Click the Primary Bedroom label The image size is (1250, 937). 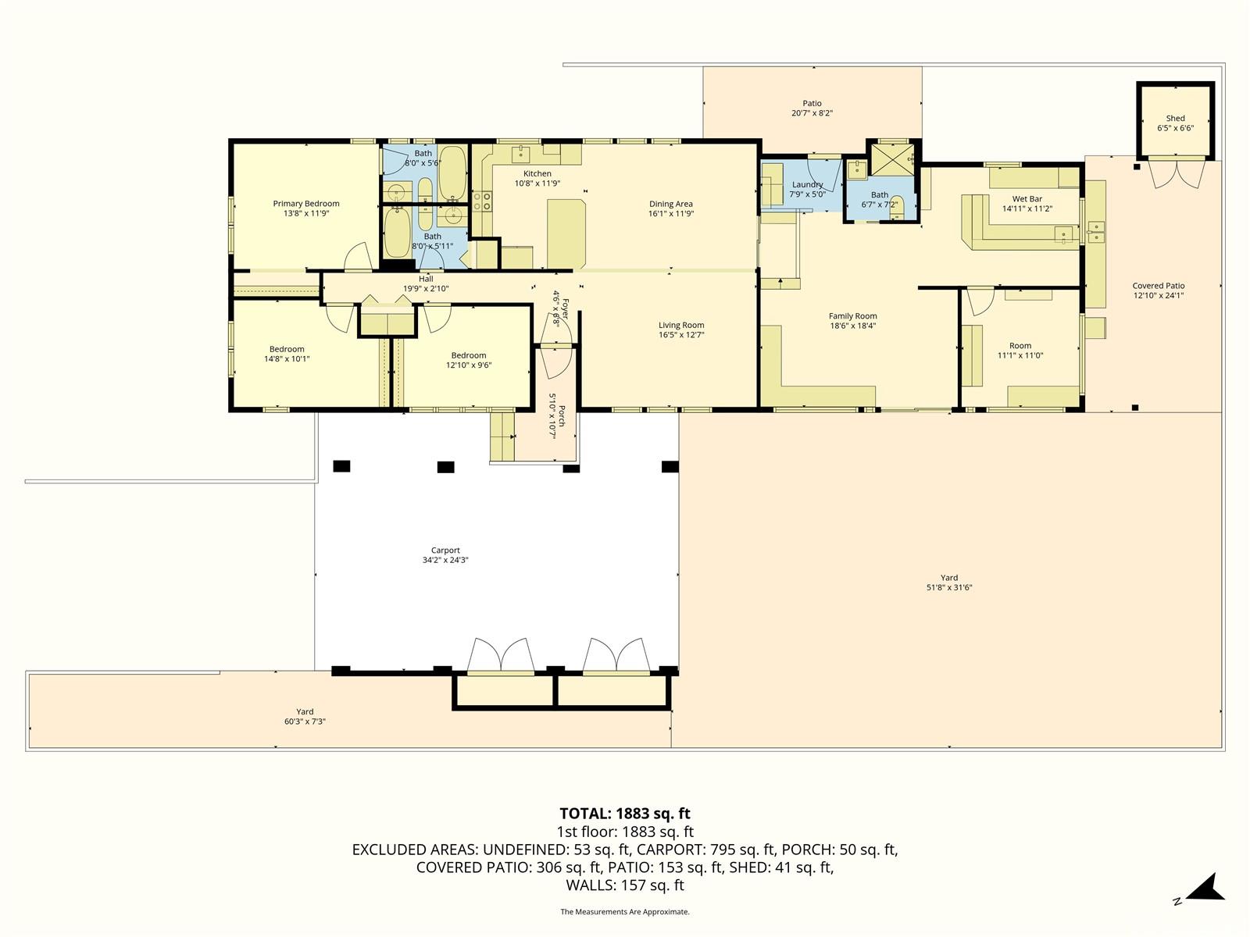[305, 204]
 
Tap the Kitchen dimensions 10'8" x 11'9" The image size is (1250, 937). [537, 183]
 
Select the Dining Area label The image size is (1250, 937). [671, 204]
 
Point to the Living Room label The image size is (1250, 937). [681, 325]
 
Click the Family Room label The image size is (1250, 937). [852, 315]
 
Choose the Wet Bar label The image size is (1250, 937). [1027, 198]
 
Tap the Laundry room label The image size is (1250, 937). [807, 184]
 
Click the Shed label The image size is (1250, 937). [1175, 119]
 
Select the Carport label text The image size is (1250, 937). [445, 550]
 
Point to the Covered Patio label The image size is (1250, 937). [1159, 286]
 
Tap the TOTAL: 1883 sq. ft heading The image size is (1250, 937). [625, 814]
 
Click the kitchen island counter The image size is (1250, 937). [566, 233]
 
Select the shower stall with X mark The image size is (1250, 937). [892, 159]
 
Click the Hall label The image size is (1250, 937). [426, 279]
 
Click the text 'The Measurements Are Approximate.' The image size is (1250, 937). [625, 911]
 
